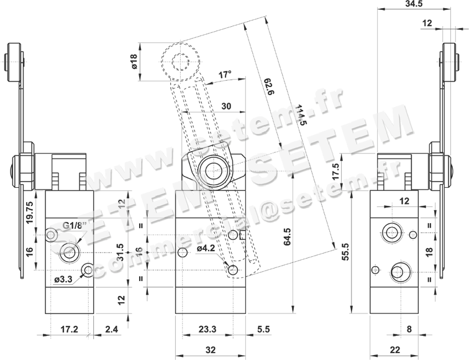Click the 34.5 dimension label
(413, 4)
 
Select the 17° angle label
(225, 74)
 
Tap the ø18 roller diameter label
(134, 62)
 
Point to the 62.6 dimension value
(269, 87)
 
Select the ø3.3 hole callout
(63, 279)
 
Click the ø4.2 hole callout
(206, 248)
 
